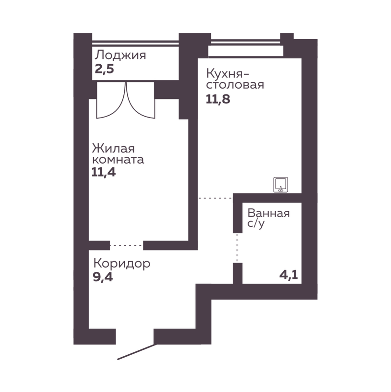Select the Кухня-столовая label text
(x=235, y=79)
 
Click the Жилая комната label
(x=118, y=154)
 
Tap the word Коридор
(x=121, y=264)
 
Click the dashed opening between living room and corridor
(x=127, y=243)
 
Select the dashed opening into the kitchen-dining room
(x=214, y=197)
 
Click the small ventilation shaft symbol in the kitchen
(x=280, y=184)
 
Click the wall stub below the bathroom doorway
(x=237, y=272)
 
